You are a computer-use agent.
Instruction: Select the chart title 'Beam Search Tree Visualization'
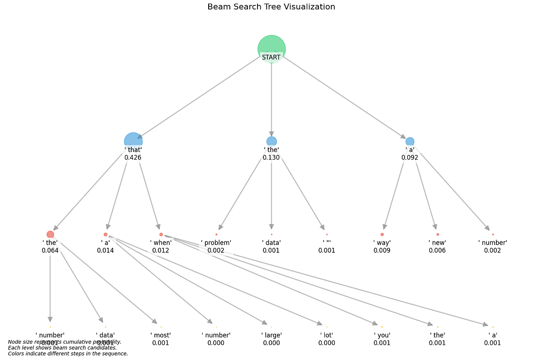point(271,7)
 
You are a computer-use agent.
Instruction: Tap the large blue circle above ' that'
point(133,141)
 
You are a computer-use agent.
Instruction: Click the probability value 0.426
point(133,158)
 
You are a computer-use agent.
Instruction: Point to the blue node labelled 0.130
point(271,141)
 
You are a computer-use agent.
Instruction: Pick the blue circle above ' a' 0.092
point(410,141)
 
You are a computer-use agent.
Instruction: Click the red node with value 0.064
point(50,234)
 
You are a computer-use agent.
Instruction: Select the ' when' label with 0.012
point(161,243)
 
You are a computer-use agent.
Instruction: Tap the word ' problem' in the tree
point(216,243)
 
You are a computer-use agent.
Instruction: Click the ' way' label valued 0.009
point(382,243)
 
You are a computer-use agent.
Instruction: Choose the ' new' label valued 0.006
point(437,243)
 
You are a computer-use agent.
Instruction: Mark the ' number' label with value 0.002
point(492,243)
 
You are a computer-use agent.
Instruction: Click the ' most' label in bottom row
point(161,335)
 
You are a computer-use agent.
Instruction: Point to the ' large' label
point(271,335)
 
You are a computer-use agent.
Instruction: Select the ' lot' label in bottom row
point(327,335)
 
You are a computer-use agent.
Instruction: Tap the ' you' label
point(382,335)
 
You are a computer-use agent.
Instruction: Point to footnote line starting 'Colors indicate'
point(68,354)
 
